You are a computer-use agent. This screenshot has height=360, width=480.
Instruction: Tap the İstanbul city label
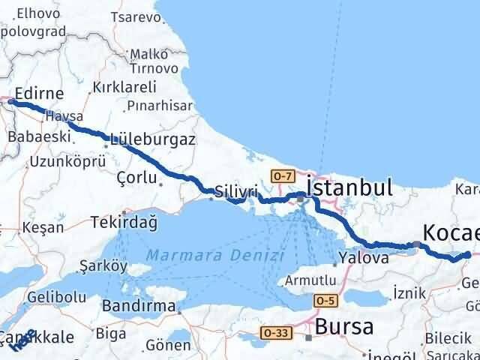tap(349, 187)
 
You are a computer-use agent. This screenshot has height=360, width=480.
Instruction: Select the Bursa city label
tap(344, 327)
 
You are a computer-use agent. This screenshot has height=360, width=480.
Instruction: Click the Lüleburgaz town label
tap(152, 139)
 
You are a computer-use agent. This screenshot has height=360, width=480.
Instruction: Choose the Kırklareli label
tap(124, 88)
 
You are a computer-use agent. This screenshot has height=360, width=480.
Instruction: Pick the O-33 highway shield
tap(276, 331)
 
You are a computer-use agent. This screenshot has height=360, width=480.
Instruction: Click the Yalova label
tap(363, 258)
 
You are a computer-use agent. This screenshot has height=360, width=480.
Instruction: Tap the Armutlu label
tap(310, 280)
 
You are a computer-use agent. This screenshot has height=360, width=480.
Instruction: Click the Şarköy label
tap(104, 265)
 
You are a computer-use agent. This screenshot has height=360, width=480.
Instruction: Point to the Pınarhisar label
tap(160, 105)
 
